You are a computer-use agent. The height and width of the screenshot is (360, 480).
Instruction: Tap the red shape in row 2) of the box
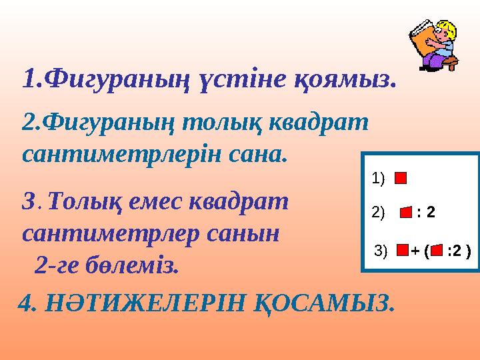coord(406,213)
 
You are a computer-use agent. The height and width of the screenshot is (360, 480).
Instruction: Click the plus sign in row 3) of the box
coord(415,251)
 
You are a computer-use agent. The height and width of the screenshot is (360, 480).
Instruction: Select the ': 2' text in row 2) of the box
coord(425,213)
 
